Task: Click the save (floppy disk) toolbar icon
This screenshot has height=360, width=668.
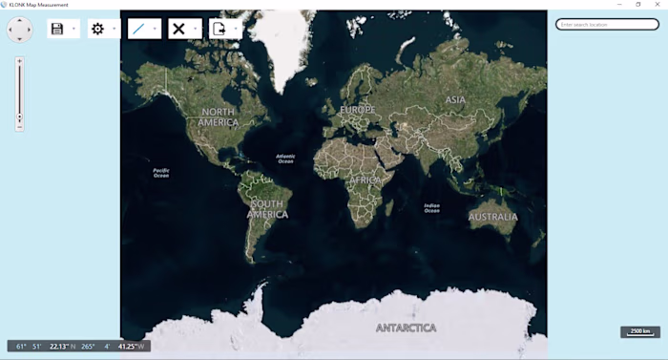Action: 57,29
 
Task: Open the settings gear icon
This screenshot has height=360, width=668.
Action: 97,29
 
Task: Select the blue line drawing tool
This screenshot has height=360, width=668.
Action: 139,29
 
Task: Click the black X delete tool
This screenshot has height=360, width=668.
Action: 178,29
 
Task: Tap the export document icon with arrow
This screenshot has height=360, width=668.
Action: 219,29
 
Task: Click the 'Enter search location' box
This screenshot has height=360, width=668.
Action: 607,24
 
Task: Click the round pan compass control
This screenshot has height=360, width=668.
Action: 19,30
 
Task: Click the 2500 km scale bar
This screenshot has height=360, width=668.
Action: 639,331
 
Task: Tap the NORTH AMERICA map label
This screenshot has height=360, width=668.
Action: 218,116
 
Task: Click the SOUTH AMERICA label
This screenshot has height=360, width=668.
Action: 267,208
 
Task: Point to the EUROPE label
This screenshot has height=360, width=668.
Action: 358,110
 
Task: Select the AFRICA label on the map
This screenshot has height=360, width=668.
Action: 365,180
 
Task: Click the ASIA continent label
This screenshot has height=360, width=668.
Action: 455,99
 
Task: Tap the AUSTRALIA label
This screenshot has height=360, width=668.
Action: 492,217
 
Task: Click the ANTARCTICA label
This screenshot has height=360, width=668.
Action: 406,328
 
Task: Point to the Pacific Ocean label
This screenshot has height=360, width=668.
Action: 161,173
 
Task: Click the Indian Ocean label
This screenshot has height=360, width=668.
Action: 432,207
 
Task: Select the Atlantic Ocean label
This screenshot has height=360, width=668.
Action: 285,159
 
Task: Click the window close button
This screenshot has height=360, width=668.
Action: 658,5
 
